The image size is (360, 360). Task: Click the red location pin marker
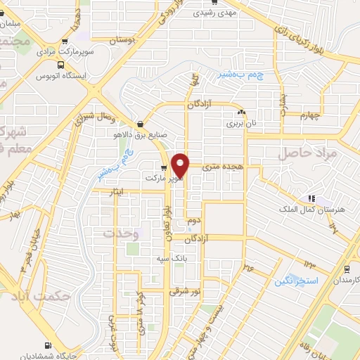pyautogui.click(x=181, y=165)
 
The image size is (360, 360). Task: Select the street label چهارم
pyautogui.click(x=309, y=115)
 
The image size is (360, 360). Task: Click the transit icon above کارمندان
pyautogui.click(x=346, y=269)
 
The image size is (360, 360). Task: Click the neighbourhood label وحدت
pyautogui.click(x=117, y=233)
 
